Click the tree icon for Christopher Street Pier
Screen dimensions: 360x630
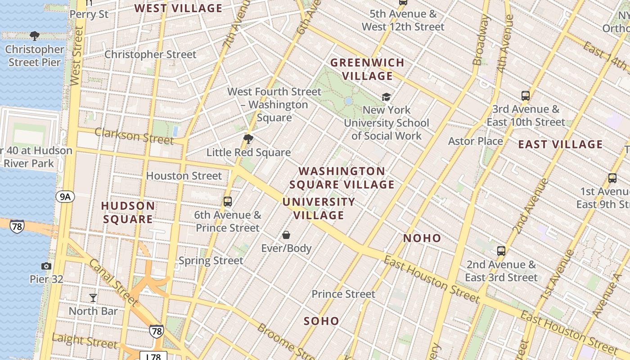[x=34, y=36]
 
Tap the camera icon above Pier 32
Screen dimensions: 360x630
[x=46, y=266]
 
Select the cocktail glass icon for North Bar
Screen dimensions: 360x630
[x=93, y=297]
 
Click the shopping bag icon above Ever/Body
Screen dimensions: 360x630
[x=286, y=234]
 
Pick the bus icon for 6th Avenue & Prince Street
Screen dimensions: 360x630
[x=228, y=201]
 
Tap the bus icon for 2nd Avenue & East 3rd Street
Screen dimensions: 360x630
[x=501, y=251]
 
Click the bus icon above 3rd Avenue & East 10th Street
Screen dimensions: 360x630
[x=525, y=95]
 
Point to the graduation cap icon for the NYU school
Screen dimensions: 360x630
[x=386, y=97]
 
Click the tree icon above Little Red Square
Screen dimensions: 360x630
[x=248, y=139]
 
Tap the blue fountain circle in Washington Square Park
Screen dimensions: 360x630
[x=348, y=101]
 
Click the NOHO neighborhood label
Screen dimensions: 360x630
[x=422, y=238]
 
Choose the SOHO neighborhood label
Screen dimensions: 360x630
[x=321, y=321]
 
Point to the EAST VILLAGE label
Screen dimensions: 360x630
[x=560, y=144]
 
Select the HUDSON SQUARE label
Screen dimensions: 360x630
[x=128, y=212]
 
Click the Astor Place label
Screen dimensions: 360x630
[x=475, y=141]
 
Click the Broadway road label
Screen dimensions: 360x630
[x=481, y=40]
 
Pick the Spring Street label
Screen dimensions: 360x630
[x=211, y=261]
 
